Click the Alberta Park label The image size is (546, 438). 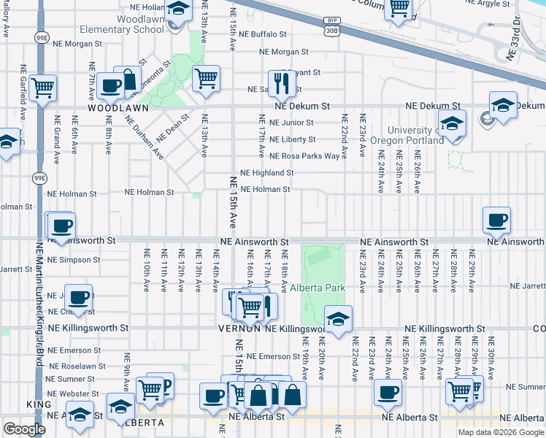click(x=318, y=288)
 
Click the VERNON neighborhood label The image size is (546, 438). click(x=239, y=329)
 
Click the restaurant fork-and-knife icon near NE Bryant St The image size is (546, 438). click(x=280, y=83)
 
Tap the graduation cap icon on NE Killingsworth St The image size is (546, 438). click(x=338, y=318)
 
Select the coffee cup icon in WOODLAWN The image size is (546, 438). click(x=110, y=85)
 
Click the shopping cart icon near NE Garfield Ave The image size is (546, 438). click(x=44, y=88)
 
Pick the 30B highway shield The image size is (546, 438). click(x=332, y=30)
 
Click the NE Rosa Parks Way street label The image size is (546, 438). click(x=304, y=156)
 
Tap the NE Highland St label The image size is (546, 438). click(x=267, y=173)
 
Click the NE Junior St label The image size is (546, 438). click(x=291, y=123)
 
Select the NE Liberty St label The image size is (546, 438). click(x=292, y=139)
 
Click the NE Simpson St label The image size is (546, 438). click(x=73, y=260)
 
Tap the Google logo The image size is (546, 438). click(x=24, y=429)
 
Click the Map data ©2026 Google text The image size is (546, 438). click(x=500, y=432)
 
